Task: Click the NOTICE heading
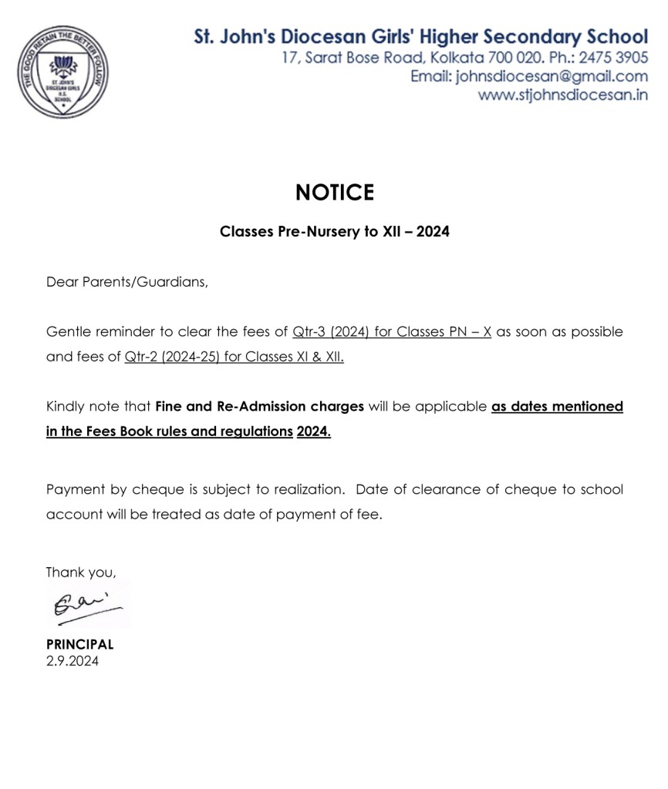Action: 334,193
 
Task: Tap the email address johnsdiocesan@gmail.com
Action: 552,76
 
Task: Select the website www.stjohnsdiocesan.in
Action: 562,95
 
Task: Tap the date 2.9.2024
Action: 73,660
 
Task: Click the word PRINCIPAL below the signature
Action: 79,644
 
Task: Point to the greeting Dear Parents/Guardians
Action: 127,282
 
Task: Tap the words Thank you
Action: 81,572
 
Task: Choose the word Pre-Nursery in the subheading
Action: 313,231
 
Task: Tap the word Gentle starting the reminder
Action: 68,332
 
